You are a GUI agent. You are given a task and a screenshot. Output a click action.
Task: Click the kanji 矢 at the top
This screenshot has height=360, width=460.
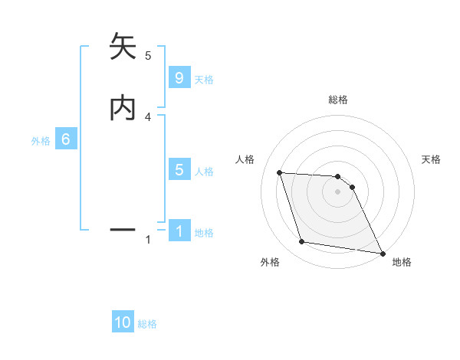(x=123, y=47)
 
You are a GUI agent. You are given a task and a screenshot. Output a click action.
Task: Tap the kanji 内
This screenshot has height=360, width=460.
(x=123, y=107)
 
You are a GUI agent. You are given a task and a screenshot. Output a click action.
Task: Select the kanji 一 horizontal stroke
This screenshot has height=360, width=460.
(x=123, y=229)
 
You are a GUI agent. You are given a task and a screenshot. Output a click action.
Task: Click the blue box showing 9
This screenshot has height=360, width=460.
(x=179, y=78)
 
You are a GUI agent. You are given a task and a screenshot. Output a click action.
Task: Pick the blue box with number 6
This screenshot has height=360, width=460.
(x=66, y=139)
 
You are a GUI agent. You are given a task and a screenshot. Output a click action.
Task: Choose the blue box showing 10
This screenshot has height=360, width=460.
(x=123, y=322)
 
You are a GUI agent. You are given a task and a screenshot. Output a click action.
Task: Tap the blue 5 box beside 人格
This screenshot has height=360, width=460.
(x=179, y=170)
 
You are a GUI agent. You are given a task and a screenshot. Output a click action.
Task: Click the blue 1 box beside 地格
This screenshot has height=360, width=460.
(x=179, y=231)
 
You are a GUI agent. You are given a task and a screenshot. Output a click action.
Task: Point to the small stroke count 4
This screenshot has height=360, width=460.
(x=148, y=117)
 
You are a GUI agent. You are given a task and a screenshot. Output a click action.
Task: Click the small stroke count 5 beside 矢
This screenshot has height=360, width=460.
(x=148, y=56)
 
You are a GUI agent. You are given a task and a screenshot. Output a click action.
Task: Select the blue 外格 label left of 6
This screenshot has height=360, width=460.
(x=41, y=141)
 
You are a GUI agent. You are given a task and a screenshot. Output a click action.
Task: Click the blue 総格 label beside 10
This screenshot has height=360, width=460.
(x=147, y=324)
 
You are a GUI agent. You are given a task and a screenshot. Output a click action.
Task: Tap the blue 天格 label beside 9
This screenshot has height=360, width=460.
(x=204, y=80)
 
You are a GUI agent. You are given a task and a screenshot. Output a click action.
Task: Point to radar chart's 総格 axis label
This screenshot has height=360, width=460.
(x=338, y=100)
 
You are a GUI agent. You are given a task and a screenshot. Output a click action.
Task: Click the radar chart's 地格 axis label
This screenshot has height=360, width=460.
(x=402, y=263)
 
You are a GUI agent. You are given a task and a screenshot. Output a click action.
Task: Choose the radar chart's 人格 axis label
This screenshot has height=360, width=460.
(x=245, y=159)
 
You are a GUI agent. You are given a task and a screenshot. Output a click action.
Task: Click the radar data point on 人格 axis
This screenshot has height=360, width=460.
(x=280, y=173)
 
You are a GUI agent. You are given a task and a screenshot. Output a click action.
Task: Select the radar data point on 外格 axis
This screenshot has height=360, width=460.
(x=302, y=242)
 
